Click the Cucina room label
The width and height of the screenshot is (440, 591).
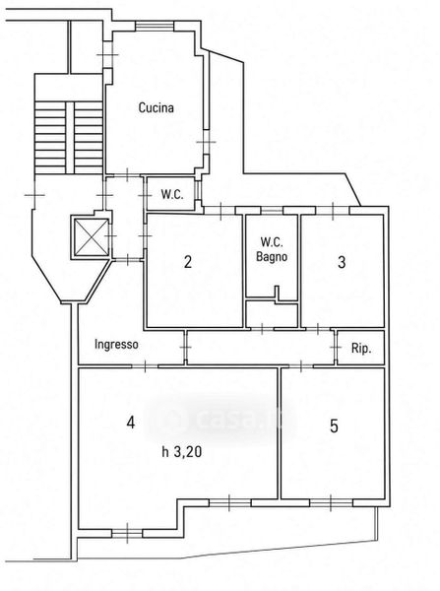(156, 107)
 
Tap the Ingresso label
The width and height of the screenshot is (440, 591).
(116, 345)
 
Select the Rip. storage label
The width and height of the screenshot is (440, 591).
(361, 349)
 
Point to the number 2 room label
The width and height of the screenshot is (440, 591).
(188, 262)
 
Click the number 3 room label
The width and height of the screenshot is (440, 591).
(342, 262)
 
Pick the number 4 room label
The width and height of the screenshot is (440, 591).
(130, 423)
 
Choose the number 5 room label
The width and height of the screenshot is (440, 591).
(334, 427)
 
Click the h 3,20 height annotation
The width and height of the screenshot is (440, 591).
(181, 451)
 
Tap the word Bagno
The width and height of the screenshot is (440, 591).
(272, 257)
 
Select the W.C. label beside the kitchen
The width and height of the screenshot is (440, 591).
(172, 194)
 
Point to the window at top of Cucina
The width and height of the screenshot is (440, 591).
(155, 26)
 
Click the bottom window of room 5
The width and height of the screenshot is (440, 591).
(331, 502)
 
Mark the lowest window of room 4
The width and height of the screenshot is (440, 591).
(127, 533)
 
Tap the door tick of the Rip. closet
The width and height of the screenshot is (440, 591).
(335, 347)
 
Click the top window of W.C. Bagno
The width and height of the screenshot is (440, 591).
(272, 210)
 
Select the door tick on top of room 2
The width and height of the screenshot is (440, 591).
(220, 211)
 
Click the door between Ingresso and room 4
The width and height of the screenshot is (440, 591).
(145, 365)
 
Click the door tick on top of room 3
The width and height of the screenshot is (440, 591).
(333, 211)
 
